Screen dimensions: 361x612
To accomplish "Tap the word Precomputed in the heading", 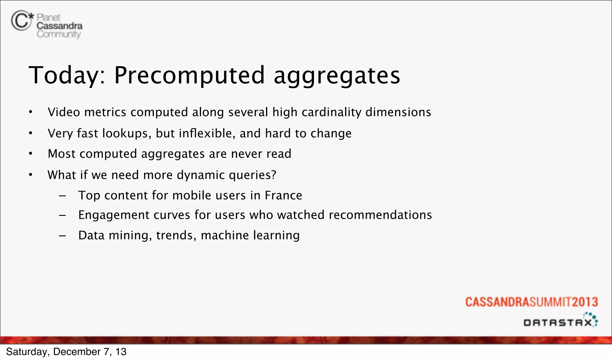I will coord(189,75).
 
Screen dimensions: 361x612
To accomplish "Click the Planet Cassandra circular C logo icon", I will coord(21,20).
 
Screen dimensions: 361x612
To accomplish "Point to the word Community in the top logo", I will coord(59,34).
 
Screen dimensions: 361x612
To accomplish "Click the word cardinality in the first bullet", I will coord(331,112).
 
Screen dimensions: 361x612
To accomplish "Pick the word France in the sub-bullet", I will coord(283,195).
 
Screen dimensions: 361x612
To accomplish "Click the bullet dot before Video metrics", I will coord(30,112).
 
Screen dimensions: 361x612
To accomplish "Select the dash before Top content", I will coord(62,196).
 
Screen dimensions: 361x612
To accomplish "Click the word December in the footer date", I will coord(77,352).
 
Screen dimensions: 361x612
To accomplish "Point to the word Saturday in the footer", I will coord(26,352).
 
